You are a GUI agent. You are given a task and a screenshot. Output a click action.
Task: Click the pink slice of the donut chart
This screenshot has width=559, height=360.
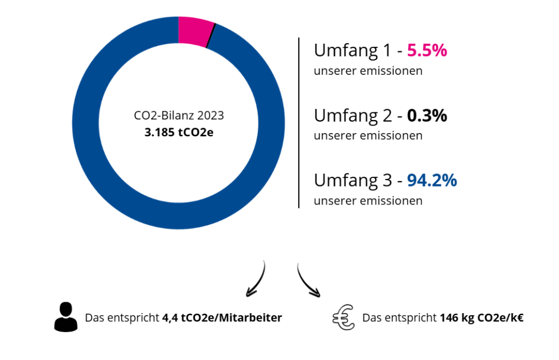194,31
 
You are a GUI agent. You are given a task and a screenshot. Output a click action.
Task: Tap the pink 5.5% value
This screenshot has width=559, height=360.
427,51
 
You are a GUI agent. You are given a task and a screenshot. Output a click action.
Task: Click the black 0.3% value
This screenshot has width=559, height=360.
427,116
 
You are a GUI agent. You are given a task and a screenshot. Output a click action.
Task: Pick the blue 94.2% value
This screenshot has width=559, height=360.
432,180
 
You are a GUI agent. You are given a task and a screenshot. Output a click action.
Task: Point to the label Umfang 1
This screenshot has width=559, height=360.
353,51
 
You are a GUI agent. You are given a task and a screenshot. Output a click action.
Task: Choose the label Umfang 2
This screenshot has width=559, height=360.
353,116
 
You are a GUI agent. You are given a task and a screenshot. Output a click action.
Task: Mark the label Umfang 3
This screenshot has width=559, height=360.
353,180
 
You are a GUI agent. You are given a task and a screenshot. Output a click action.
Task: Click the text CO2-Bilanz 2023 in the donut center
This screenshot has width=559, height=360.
179,116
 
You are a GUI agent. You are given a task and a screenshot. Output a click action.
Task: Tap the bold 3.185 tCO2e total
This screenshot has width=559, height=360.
179,132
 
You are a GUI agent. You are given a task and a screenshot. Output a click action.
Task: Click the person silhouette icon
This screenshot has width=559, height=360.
66,317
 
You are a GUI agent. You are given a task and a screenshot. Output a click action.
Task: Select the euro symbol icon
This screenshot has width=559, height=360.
343,317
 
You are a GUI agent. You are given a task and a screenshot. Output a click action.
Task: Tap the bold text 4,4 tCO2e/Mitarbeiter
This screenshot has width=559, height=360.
222,317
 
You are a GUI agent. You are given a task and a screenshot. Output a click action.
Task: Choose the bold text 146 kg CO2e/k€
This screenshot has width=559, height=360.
481,317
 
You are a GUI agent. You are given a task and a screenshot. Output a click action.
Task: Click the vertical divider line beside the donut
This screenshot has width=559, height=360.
299,123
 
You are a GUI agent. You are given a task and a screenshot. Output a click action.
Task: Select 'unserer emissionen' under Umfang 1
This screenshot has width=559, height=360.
368,71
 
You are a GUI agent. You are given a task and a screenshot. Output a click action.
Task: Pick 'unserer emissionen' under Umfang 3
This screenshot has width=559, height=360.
368,201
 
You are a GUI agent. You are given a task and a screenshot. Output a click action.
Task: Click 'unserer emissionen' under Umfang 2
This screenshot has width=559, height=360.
368,135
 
